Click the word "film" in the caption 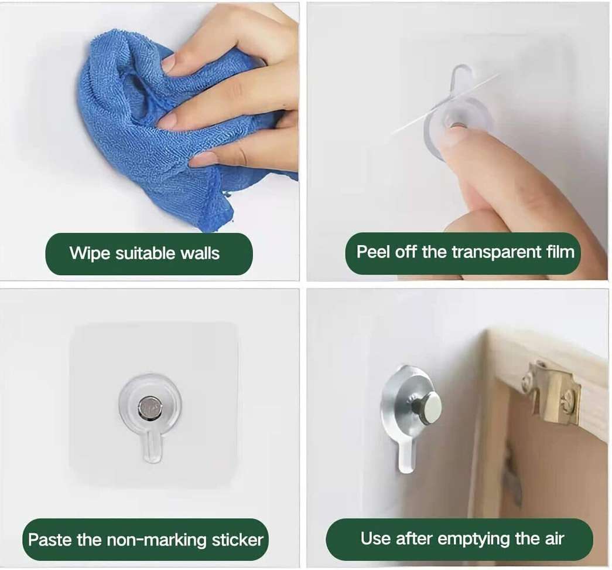point(560,252)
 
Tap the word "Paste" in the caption point(50,540)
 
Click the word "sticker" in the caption point(237,540)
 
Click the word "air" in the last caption point(555,539)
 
